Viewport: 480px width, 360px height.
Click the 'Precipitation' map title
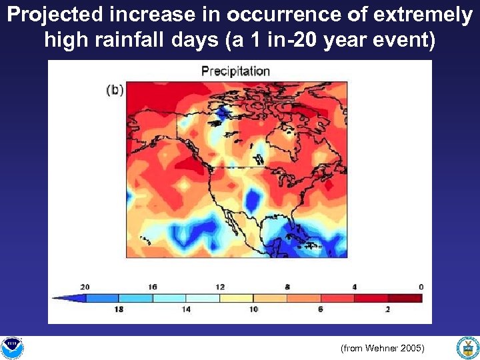[x=235, y=71]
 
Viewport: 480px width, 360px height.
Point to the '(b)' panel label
[x=115, y=90]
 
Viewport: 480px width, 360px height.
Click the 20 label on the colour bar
[x=85, y=287]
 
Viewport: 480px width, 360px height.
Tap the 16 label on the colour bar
[x=153, y=287]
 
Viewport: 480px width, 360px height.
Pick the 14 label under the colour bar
[x=186, y=310]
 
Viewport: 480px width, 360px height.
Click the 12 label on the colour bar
[x=220, y=287]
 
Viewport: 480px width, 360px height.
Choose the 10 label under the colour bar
[x=253, y=310]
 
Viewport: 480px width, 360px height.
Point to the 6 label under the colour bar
[x=321, y=310]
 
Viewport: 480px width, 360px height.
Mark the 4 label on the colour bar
[x=355, y=287]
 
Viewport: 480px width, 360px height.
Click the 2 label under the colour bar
[x=388, y=310]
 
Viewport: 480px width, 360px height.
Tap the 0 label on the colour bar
[x=421, y=287]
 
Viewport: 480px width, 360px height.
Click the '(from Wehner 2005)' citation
[x=382, y=348]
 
